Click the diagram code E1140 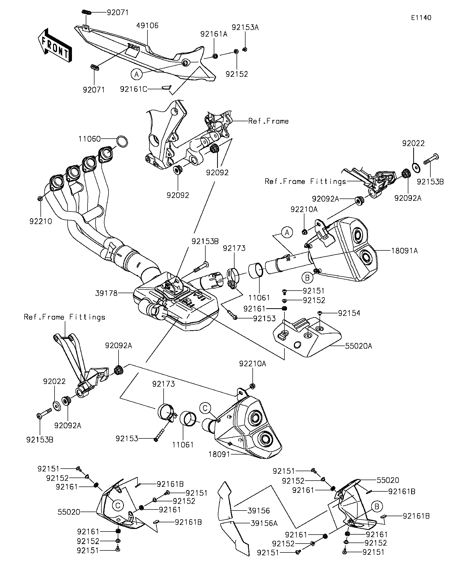pos(421,18)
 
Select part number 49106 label pos(147,26)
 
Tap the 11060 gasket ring pos(122,141)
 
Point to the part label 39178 pos(107,293)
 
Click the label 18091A pos(404,251)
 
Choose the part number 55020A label pos(359,346)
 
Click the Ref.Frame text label pos(268,121)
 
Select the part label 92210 pos(41,221)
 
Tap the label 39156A pos(264,523)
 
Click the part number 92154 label pos(349,313)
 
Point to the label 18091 pos(219,454)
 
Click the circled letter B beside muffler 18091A pos(307,278)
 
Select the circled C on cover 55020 pos(118,505)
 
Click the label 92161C pos(133,89)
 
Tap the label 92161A pos(214,34)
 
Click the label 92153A pos(245,27)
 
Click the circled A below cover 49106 pos(136,74)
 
